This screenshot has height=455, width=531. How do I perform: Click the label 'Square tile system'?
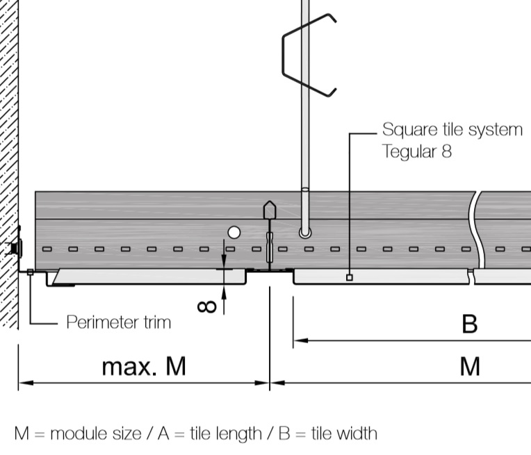452,130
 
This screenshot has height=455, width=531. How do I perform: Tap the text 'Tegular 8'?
416,151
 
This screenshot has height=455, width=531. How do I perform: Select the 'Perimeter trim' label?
118,322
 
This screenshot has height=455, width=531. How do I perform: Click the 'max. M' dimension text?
144,365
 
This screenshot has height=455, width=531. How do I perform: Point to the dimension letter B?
470,324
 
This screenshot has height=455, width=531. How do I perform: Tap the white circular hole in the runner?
234,233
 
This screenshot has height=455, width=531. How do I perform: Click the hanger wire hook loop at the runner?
304,232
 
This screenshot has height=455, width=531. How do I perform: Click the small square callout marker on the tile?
349,277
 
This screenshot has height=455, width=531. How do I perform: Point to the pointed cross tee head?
268,209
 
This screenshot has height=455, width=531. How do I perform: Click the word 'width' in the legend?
355,433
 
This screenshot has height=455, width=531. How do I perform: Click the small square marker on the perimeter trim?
30,272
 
